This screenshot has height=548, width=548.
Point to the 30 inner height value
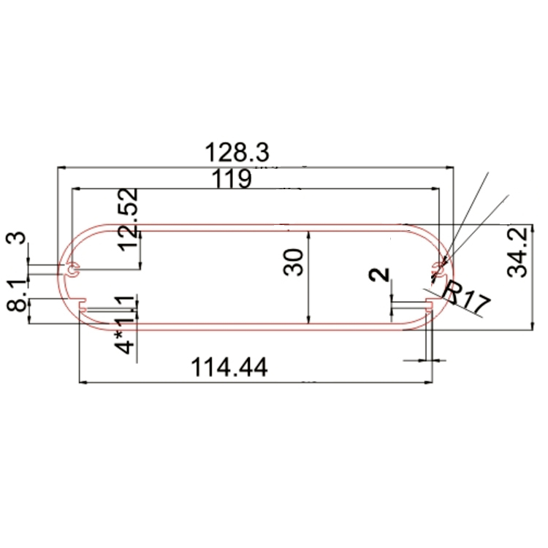[293, 262]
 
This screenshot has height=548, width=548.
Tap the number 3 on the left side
[17, 239]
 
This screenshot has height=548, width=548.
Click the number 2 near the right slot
[379, 275]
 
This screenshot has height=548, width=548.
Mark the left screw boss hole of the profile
[72, 270]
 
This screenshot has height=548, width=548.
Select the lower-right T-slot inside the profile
[428, 305]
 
